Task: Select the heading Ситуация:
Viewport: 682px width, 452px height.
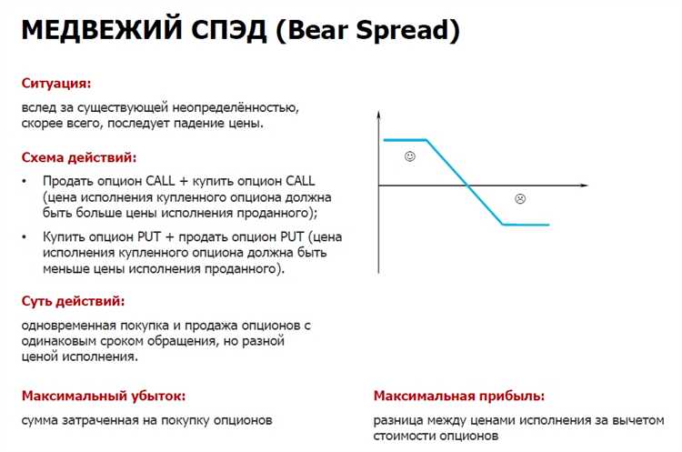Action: (56, 83)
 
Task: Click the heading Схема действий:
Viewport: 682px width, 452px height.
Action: (79, 156)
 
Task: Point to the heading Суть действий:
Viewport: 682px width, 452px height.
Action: (73, 300)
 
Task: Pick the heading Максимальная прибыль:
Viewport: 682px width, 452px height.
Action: (459, 396)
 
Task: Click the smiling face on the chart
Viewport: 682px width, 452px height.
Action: (409, 157)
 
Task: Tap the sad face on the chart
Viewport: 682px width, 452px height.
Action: (520, 198)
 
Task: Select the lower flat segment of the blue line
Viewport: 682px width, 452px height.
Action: (526, 224)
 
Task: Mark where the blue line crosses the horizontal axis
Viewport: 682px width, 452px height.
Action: (468, 186)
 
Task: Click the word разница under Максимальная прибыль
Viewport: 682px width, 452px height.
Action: (397, 420)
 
